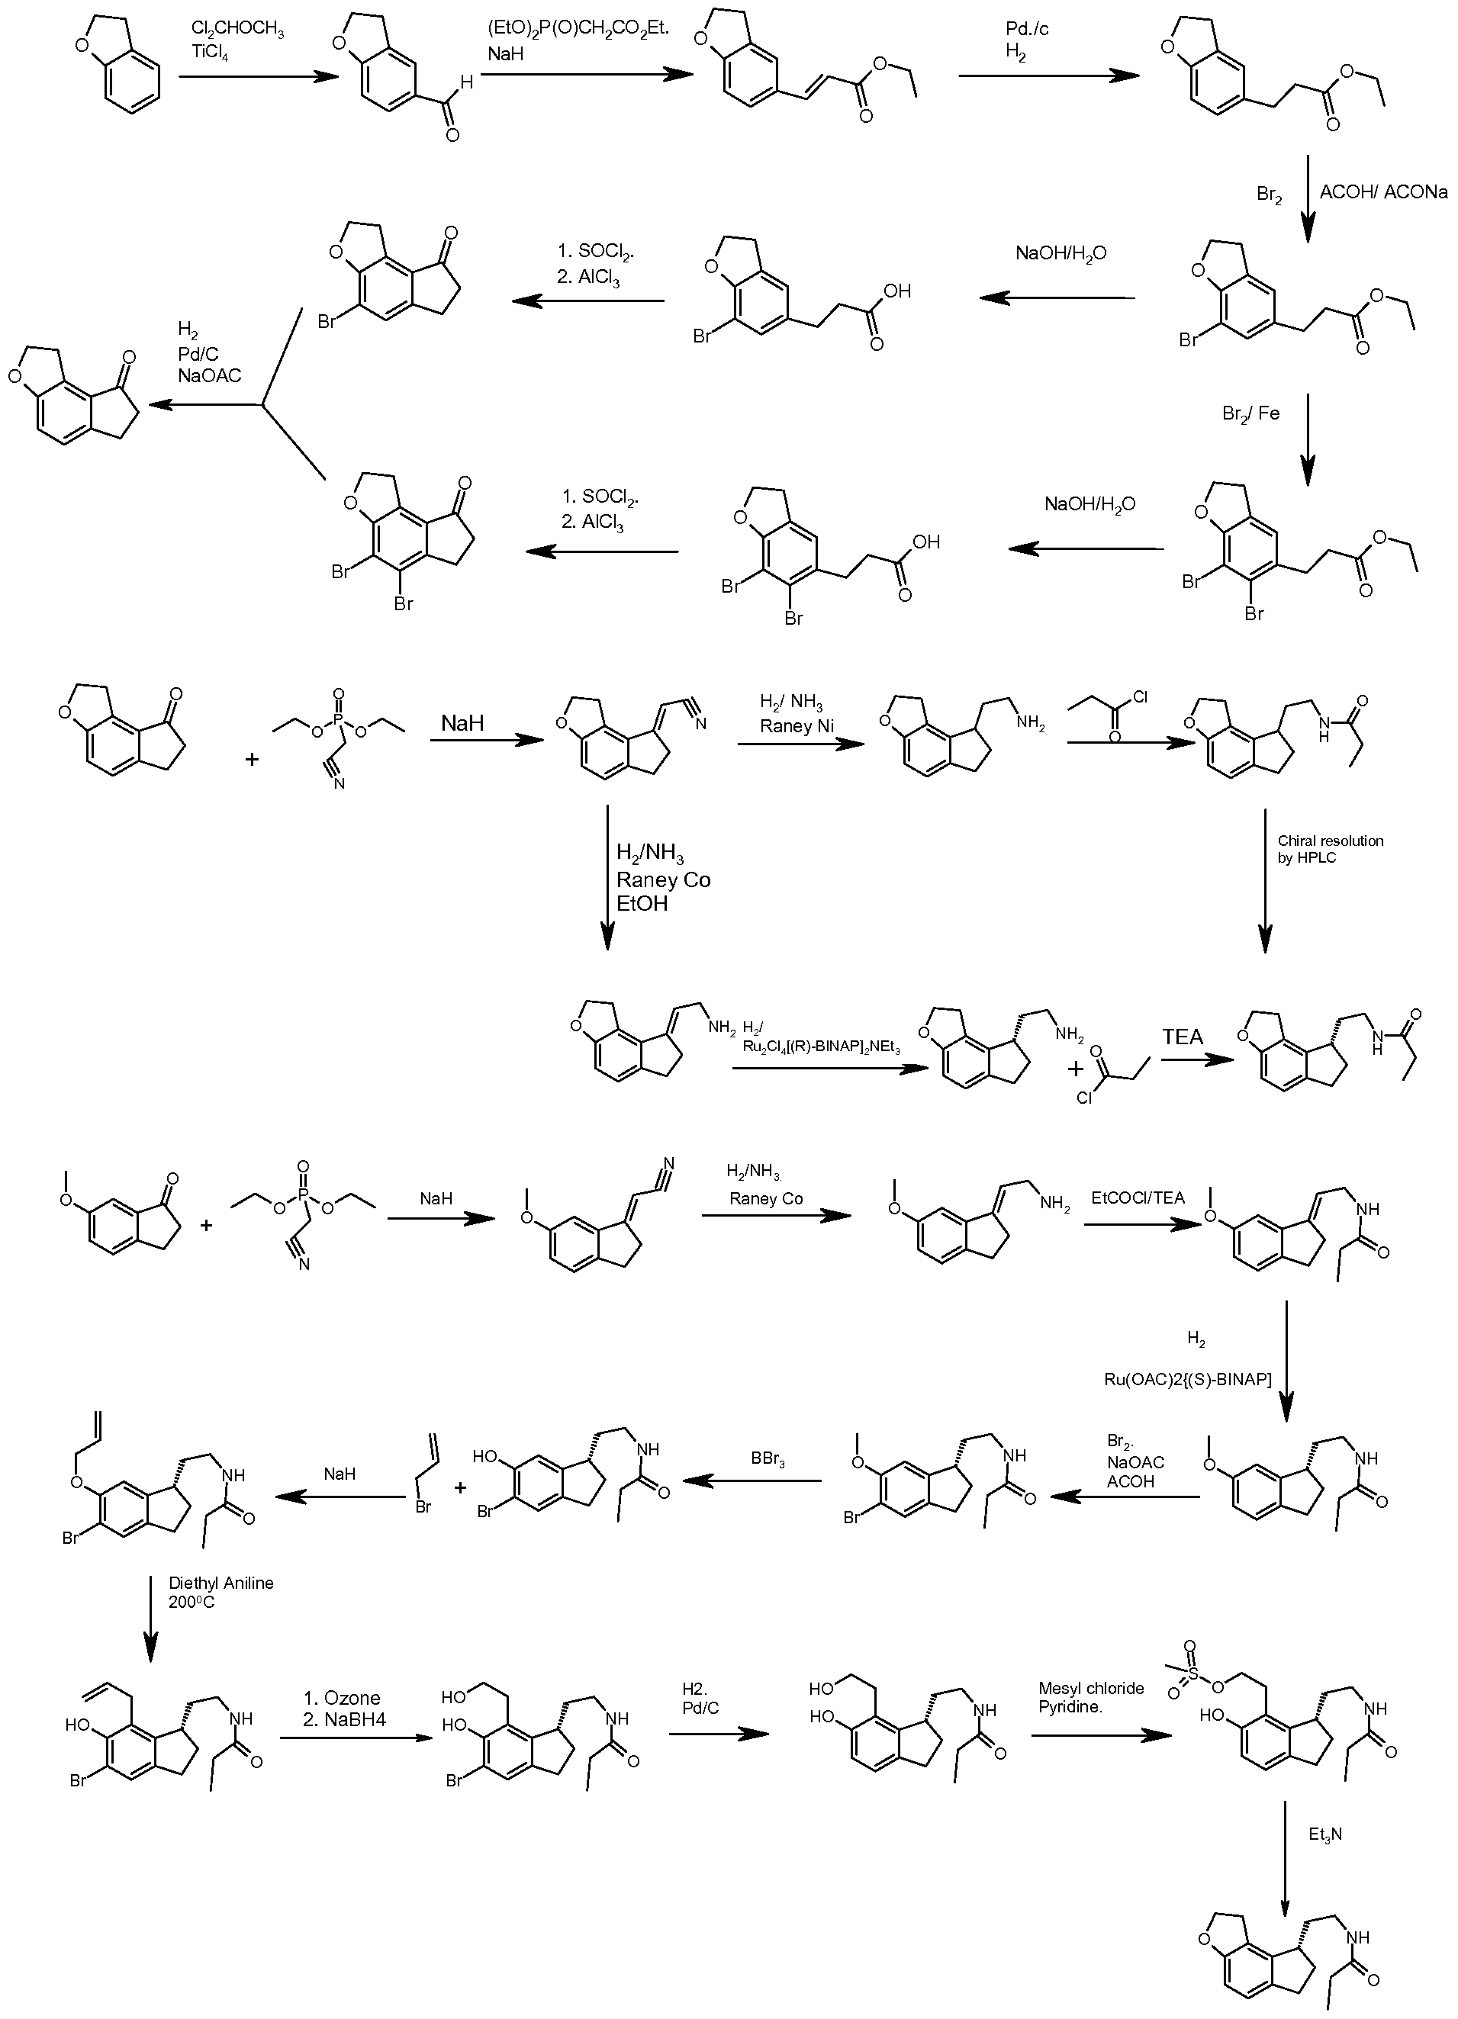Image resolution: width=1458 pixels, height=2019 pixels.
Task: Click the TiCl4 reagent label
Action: coord(211,53)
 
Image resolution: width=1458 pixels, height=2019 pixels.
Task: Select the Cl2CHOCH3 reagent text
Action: coord(238,32)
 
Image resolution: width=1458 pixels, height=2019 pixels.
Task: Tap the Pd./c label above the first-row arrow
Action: coord(1027,31)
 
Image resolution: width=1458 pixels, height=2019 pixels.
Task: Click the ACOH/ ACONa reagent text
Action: coord(1383,191)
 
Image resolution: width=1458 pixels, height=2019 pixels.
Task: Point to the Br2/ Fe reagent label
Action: coord(1250,413)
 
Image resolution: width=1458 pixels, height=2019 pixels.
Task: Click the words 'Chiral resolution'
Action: coord(1331,841)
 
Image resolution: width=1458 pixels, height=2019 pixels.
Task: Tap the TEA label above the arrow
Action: coord(1182,1037)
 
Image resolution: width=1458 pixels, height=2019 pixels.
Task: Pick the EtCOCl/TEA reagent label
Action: coord(1138,1198)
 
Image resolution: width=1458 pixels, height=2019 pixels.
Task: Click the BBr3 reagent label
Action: coord(768,1461)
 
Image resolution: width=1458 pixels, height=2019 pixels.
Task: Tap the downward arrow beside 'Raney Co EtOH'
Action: coord(607,878)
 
